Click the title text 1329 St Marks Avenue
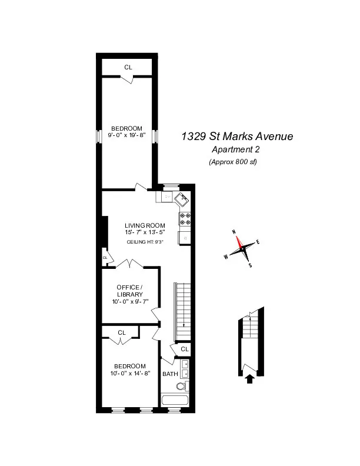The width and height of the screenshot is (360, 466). pyautogui.click(x=236, y=137)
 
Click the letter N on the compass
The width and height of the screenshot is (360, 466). pyautogui.click(x=234, y=232)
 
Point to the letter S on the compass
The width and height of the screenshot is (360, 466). pyautogui.click(x=251, y=265)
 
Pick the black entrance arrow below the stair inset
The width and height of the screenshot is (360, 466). pyautogui.click(x=249, y=379)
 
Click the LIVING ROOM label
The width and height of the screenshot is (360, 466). pyautogui.click(x=145, y=225)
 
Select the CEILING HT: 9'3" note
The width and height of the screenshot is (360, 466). pyautogui.click(x=145, y=241)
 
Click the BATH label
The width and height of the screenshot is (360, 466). pyautogui.click(x=170, y=374)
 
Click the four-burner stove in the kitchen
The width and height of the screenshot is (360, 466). pyautogui.click(x=184, y=219)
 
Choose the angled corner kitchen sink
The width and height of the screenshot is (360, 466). pyautogui.click(x=182, y=199)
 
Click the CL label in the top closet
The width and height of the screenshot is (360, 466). pyautogui.click(x=128, y=67)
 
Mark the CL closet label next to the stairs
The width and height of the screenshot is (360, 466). pyautogui.click(x=184, y=349)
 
